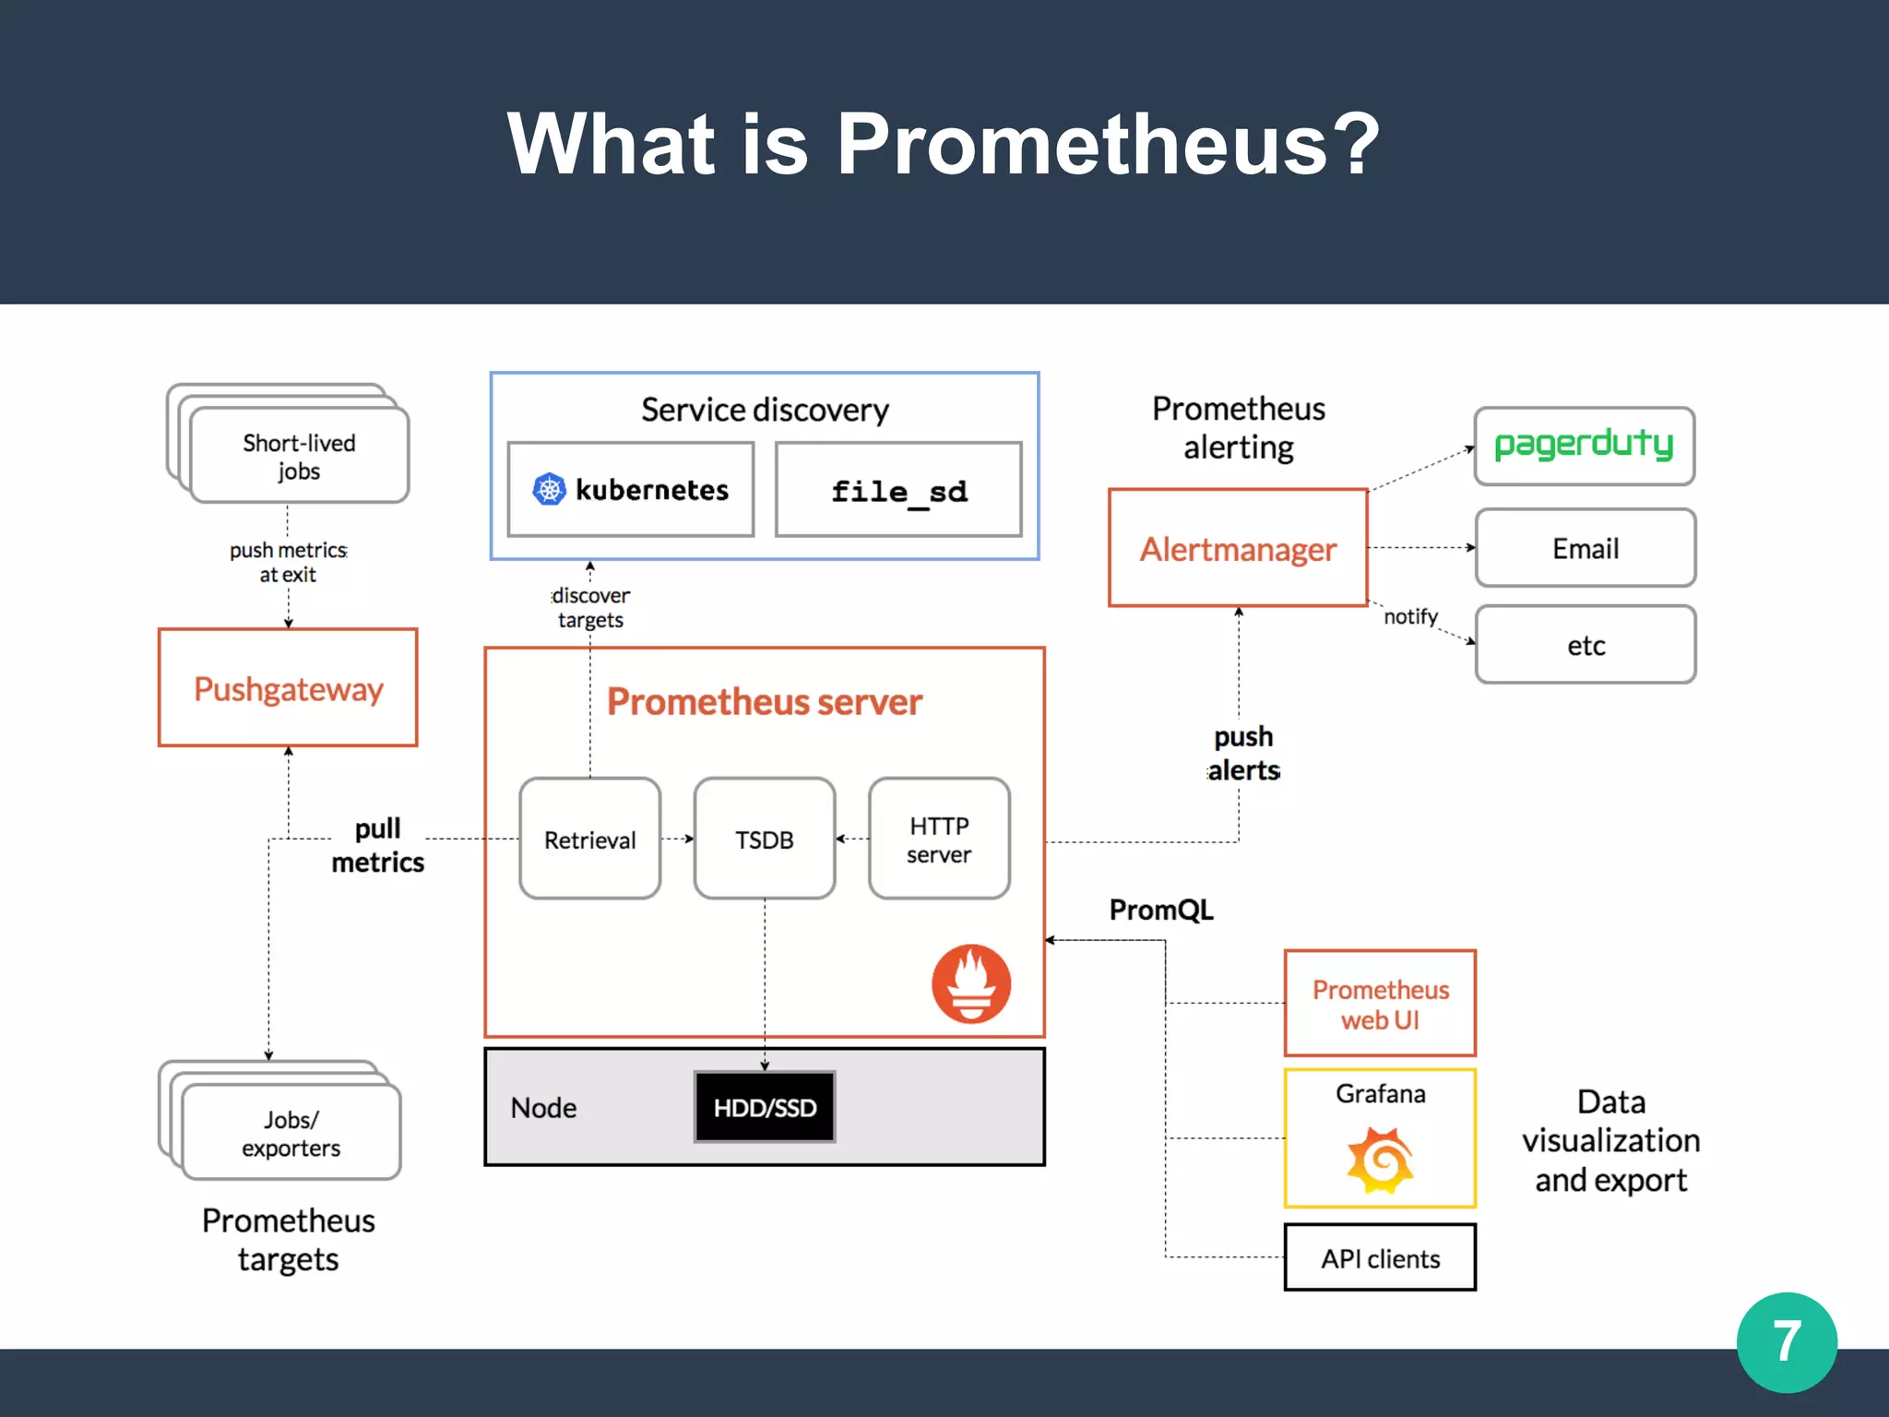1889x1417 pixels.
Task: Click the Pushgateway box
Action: tap(288, 688)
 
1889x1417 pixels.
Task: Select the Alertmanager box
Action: tap(1238, 549)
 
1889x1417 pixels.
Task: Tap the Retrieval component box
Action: tap(590, 839)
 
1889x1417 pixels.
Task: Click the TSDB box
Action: tap(765, 839)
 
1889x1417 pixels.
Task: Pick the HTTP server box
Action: tap(939, 839)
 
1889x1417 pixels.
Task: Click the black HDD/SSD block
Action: tap(765, 1107)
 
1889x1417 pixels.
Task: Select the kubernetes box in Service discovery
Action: tap(631, 490)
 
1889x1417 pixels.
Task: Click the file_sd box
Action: tap(898, 490)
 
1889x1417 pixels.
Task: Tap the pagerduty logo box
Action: tap(1585, 447)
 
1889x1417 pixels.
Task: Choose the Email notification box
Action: tap(1586, 549)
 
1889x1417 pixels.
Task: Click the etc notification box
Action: tap(1586, 645)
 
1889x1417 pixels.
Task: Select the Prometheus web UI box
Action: tap(1380, 1004)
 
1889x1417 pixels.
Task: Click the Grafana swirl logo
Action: tap(1380, 1161)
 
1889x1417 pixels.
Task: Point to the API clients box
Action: tap(1380, 1258)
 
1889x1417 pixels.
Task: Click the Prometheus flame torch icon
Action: tap(971, 983)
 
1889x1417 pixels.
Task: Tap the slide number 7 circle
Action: tap(1787, 1342)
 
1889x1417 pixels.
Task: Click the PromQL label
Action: tap(1161, 911)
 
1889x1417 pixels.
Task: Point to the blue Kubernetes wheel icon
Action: tap(550, 489)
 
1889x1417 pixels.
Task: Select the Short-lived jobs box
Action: tap(299, 457)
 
